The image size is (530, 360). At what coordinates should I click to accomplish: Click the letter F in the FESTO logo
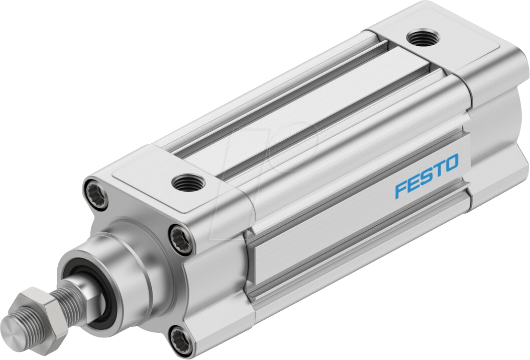tap(401, 191)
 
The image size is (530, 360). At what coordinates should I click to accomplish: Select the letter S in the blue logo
tap(426, 177)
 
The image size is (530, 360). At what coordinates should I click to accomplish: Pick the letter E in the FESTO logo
tap(413, 184)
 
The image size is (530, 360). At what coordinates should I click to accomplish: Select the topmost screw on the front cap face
tap(94, 190)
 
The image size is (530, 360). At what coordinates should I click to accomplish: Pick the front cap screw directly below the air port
tap(178, 235)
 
